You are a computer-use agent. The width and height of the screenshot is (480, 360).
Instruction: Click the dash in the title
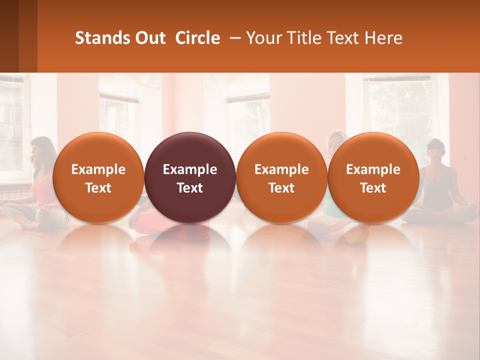(x=235, y=38)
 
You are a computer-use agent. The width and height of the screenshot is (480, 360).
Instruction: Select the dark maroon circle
(x=190, y=177)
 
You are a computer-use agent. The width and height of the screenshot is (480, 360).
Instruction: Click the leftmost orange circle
(x=98, y=177)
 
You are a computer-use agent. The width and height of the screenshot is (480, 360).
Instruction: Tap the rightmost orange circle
(x=373, y=177)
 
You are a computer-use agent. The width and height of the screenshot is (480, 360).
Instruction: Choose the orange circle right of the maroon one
(x=281, y=177)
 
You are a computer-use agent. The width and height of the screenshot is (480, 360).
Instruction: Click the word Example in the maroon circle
(x=190, y=169)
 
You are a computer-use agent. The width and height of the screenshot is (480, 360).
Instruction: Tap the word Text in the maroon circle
(x=190, y=188)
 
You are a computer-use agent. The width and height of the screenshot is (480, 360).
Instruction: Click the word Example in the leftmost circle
(x=98, y=169)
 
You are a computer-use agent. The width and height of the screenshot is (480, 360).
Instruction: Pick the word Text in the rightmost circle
(x=373, y=188)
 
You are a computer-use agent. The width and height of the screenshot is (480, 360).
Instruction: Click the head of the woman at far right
(x=436, y=149)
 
